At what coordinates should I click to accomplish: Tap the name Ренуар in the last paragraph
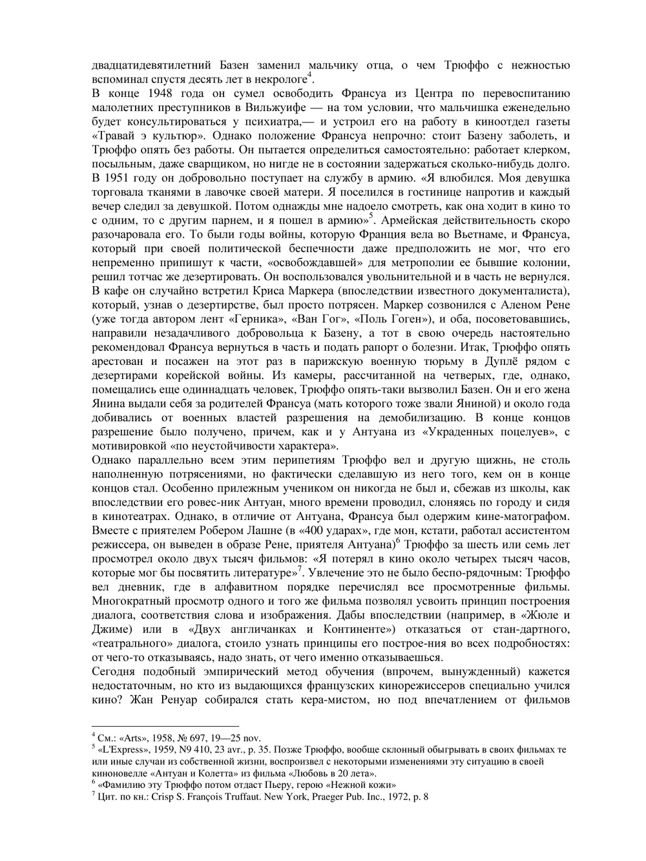click(x=179, y=699)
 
